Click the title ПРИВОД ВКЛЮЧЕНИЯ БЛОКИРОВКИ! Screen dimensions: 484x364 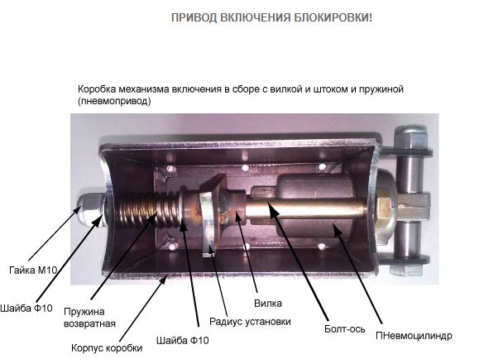click(271, 17)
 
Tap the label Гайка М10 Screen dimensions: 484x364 click(33, 271)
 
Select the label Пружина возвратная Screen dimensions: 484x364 click(89, 318)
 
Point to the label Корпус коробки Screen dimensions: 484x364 click(107, 348)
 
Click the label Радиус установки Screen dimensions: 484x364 click(250, 321)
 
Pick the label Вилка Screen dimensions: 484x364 click(268, 303)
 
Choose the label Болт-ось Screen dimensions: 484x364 click(344, 328)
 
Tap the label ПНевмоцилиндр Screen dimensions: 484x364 click(414, 336)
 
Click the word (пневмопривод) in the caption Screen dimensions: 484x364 click(114, 101)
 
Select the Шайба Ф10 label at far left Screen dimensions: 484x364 click(26, 308)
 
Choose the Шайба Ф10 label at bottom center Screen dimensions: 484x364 click(182, 340)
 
